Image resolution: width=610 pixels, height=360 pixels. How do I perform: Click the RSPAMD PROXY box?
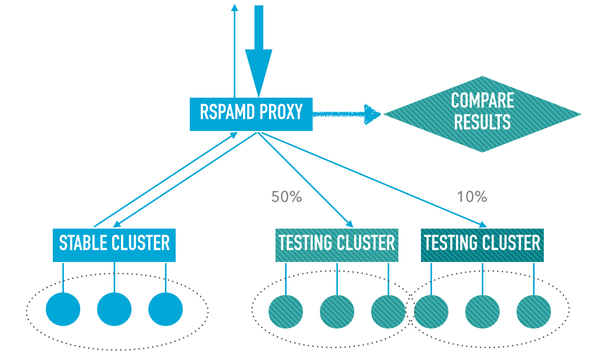251,114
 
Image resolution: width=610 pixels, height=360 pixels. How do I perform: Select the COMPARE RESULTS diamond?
482,114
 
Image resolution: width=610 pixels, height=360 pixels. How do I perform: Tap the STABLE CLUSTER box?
114,245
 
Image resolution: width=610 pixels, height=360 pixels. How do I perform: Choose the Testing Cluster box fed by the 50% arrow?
337,245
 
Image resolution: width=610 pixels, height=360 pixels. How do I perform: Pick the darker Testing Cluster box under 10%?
482,245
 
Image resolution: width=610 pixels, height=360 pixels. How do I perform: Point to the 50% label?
287,197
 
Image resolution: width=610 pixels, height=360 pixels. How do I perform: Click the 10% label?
472,197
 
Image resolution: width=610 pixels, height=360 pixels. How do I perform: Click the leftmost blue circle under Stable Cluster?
63,309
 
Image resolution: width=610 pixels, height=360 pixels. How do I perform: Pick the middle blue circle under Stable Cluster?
114,309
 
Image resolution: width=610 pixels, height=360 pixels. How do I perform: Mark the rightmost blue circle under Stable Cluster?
165,309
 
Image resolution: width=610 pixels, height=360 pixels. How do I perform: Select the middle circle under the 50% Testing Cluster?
337,311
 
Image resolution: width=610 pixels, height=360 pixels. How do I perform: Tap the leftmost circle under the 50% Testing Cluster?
286,311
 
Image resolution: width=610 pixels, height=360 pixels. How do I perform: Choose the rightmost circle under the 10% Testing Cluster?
533,311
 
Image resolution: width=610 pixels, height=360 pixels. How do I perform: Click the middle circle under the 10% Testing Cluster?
482,311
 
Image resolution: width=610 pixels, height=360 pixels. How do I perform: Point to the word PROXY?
281,112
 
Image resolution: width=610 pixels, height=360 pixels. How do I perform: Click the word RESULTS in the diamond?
482,123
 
